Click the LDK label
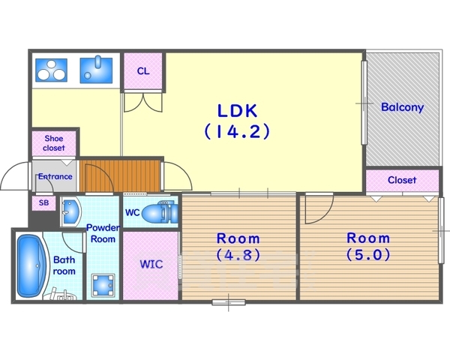[237, 111]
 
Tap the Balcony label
[402, 107]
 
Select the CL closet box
[143, 70]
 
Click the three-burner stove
[51, 70]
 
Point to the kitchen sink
[96, 70]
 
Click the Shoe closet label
[54, 143]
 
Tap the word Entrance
[55, 176]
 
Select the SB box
[43, 203]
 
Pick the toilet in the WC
[160, 213]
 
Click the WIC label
[151, 264]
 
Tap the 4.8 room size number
[238, 255]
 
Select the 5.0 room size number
[369, 254]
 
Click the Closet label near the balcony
[402, 180]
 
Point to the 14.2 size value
[237, 131]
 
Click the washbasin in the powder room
[70, 212]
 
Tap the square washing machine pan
[103, 286]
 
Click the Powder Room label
[103, 233]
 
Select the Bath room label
[64, 265]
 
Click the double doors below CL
[143, 103]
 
